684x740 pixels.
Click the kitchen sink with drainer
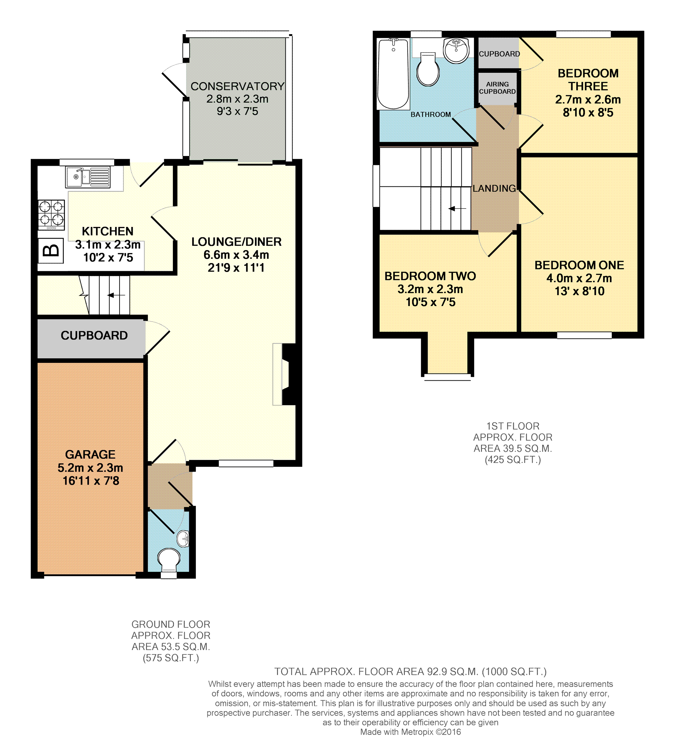point(88,177)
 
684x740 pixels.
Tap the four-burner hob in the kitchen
point(51,215)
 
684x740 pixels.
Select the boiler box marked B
point(51,251)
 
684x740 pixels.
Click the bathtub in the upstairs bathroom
point(393,74)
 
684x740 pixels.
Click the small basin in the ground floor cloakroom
point(183,539)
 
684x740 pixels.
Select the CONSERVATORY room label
point(237,86)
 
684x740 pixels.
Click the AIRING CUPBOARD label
point(498,88)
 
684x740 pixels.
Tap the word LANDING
point(495,188)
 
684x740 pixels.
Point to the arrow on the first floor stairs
point(457,209)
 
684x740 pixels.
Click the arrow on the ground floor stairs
point(116,295)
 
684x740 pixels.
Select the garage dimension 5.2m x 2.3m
point(90,468)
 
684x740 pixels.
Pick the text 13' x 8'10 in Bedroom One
point(580,291)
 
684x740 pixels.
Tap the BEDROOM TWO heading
point(430,276)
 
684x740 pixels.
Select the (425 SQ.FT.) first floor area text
point(513,460)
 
